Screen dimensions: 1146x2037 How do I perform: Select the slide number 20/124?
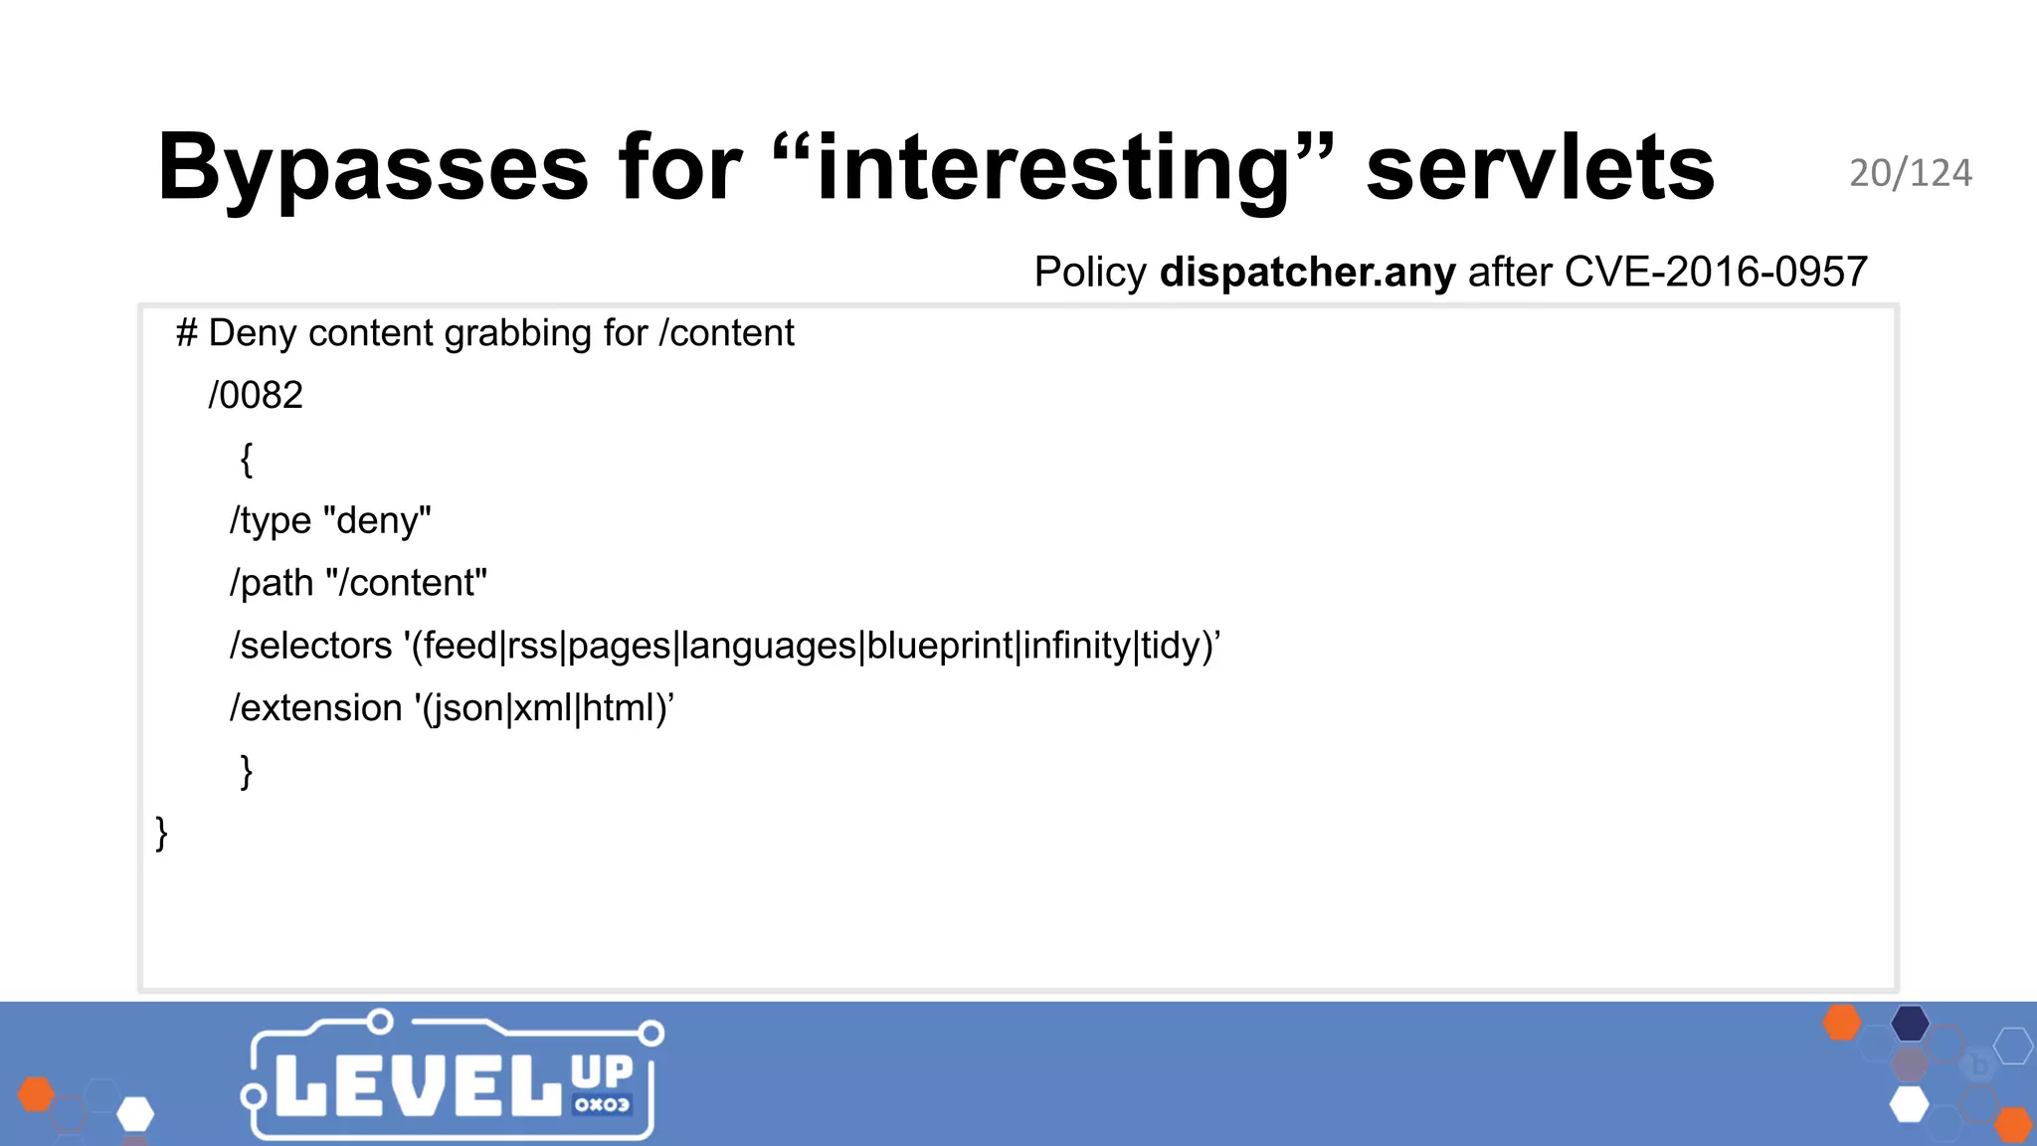click(x=1910, y=174)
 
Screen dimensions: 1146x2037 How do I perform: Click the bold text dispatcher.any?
click(x=1307, y=272)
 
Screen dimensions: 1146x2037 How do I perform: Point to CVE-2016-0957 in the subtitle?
click(x=1716, y=272)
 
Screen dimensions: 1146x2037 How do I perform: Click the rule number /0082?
click(x=256, y=396)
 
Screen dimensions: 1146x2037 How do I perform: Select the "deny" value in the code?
click(x=378, y=520)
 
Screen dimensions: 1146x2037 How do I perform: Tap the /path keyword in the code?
click(x=272, y=583)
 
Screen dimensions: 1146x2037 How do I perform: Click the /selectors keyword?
click(x=311, y=646)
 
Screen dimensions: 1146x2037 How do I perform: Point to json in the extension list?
click(x=464, y=708)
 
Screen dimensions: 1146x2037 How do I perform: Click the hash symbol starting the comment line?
click(x=186, y=333)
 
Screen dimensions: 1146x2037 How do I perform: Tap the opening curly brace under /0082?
click(x=247, y=459)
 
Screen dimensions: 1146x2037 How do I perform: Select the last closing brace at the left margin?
click(x=161, y=834)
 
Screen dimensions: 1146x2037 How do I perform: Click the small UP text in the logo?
click(x=602, y=1072)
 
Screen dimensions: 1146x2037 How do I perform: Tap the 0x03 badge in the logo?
click(x=602, y=1105)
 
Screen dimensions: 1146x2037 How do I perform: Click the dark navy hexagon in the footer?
click(x=1910, y=1023)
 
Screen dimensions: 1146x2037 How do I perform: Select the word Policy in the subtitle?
click(x=1090, y=272)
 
